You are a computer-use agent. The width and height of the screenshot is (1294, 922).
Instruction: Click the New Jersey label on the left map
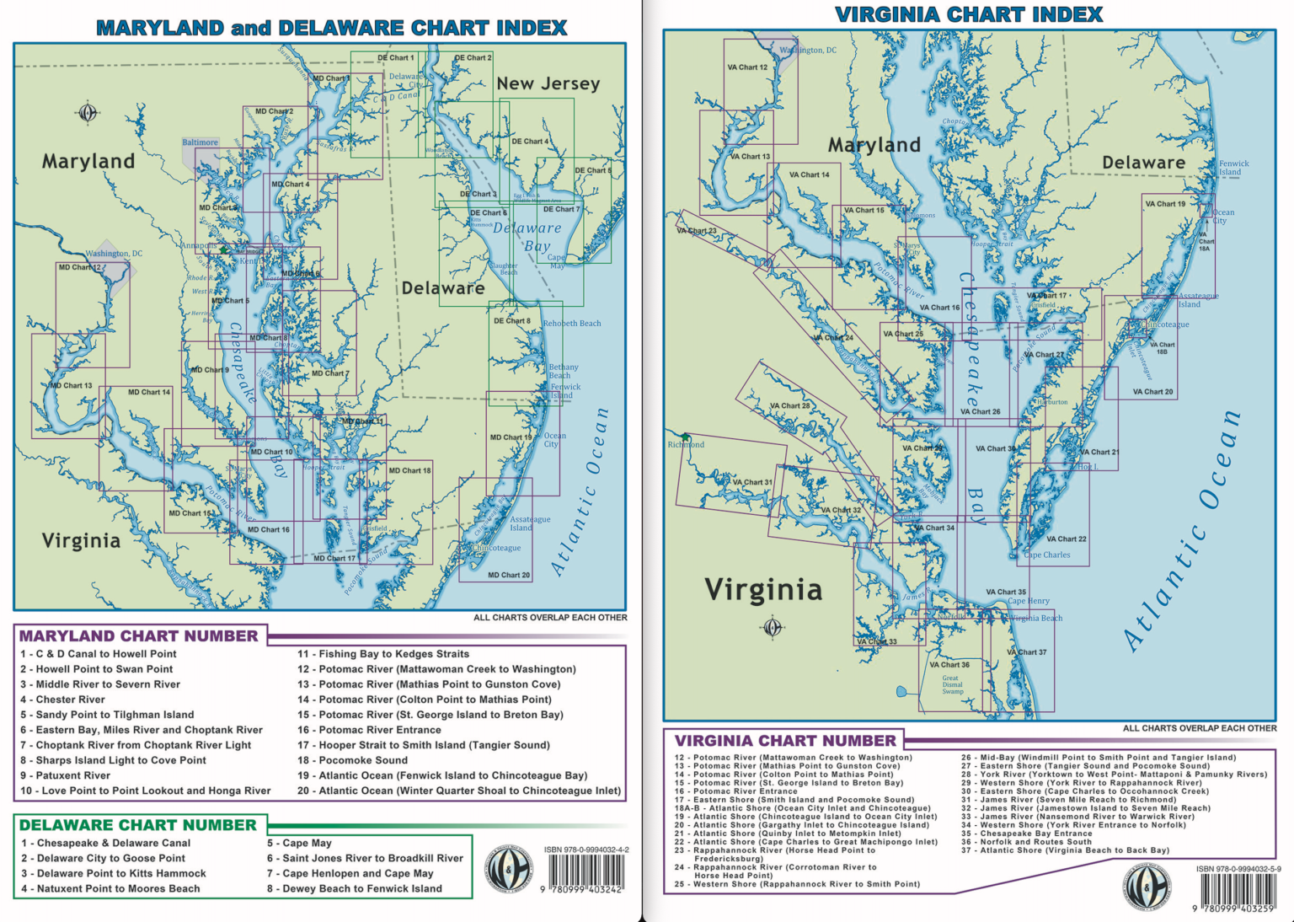click(548, 83)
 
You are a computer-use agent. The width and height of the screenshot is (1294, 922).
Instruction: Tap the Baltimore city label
click(200, 142)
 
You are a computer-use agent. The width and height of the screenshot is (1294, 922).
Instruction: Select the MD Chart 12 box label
click(79, 267)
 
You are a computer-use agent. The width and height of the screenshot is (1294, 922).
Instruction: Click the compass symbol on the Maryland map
click(88, 112)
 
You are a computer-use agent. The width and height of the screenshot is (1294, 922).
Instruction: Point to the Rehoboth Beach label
click(572, 323)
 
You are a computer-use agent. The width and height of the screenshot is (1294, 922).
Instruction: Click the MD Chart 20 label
click(509, 575)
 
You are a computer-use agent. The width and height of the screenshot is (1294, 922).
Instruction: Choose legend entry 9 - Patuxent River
click(65, 775)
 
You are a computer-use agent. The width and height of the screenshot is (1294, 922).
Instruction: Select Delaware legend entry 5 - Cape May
click(299, 843)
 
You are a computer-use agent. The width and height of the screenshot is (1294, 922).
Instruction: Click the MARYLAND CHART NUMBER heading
click(138, 636)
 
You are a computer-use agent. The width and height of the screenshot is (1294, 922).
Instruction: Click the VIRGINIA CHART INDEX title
click(968, 14)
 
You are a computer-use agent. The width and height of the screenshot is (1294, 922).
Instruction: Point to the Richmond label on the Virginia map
click(686, 444)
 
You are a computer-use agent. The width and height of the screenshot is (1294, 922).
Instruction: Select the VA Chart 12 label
click(747, 67)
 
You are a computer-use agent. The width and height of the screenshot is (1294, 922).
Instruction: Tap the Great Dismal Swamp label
click(952, 684)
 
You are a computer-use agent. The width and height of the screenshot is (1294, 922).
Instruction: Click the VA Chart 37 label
click(1027, 651)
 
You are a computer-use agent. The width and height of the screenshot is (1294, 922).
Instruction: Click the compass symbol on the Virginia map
click(772, 626)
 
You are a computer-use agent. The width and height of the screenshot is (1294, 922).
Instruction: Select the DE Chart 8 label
click(512, 320)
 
